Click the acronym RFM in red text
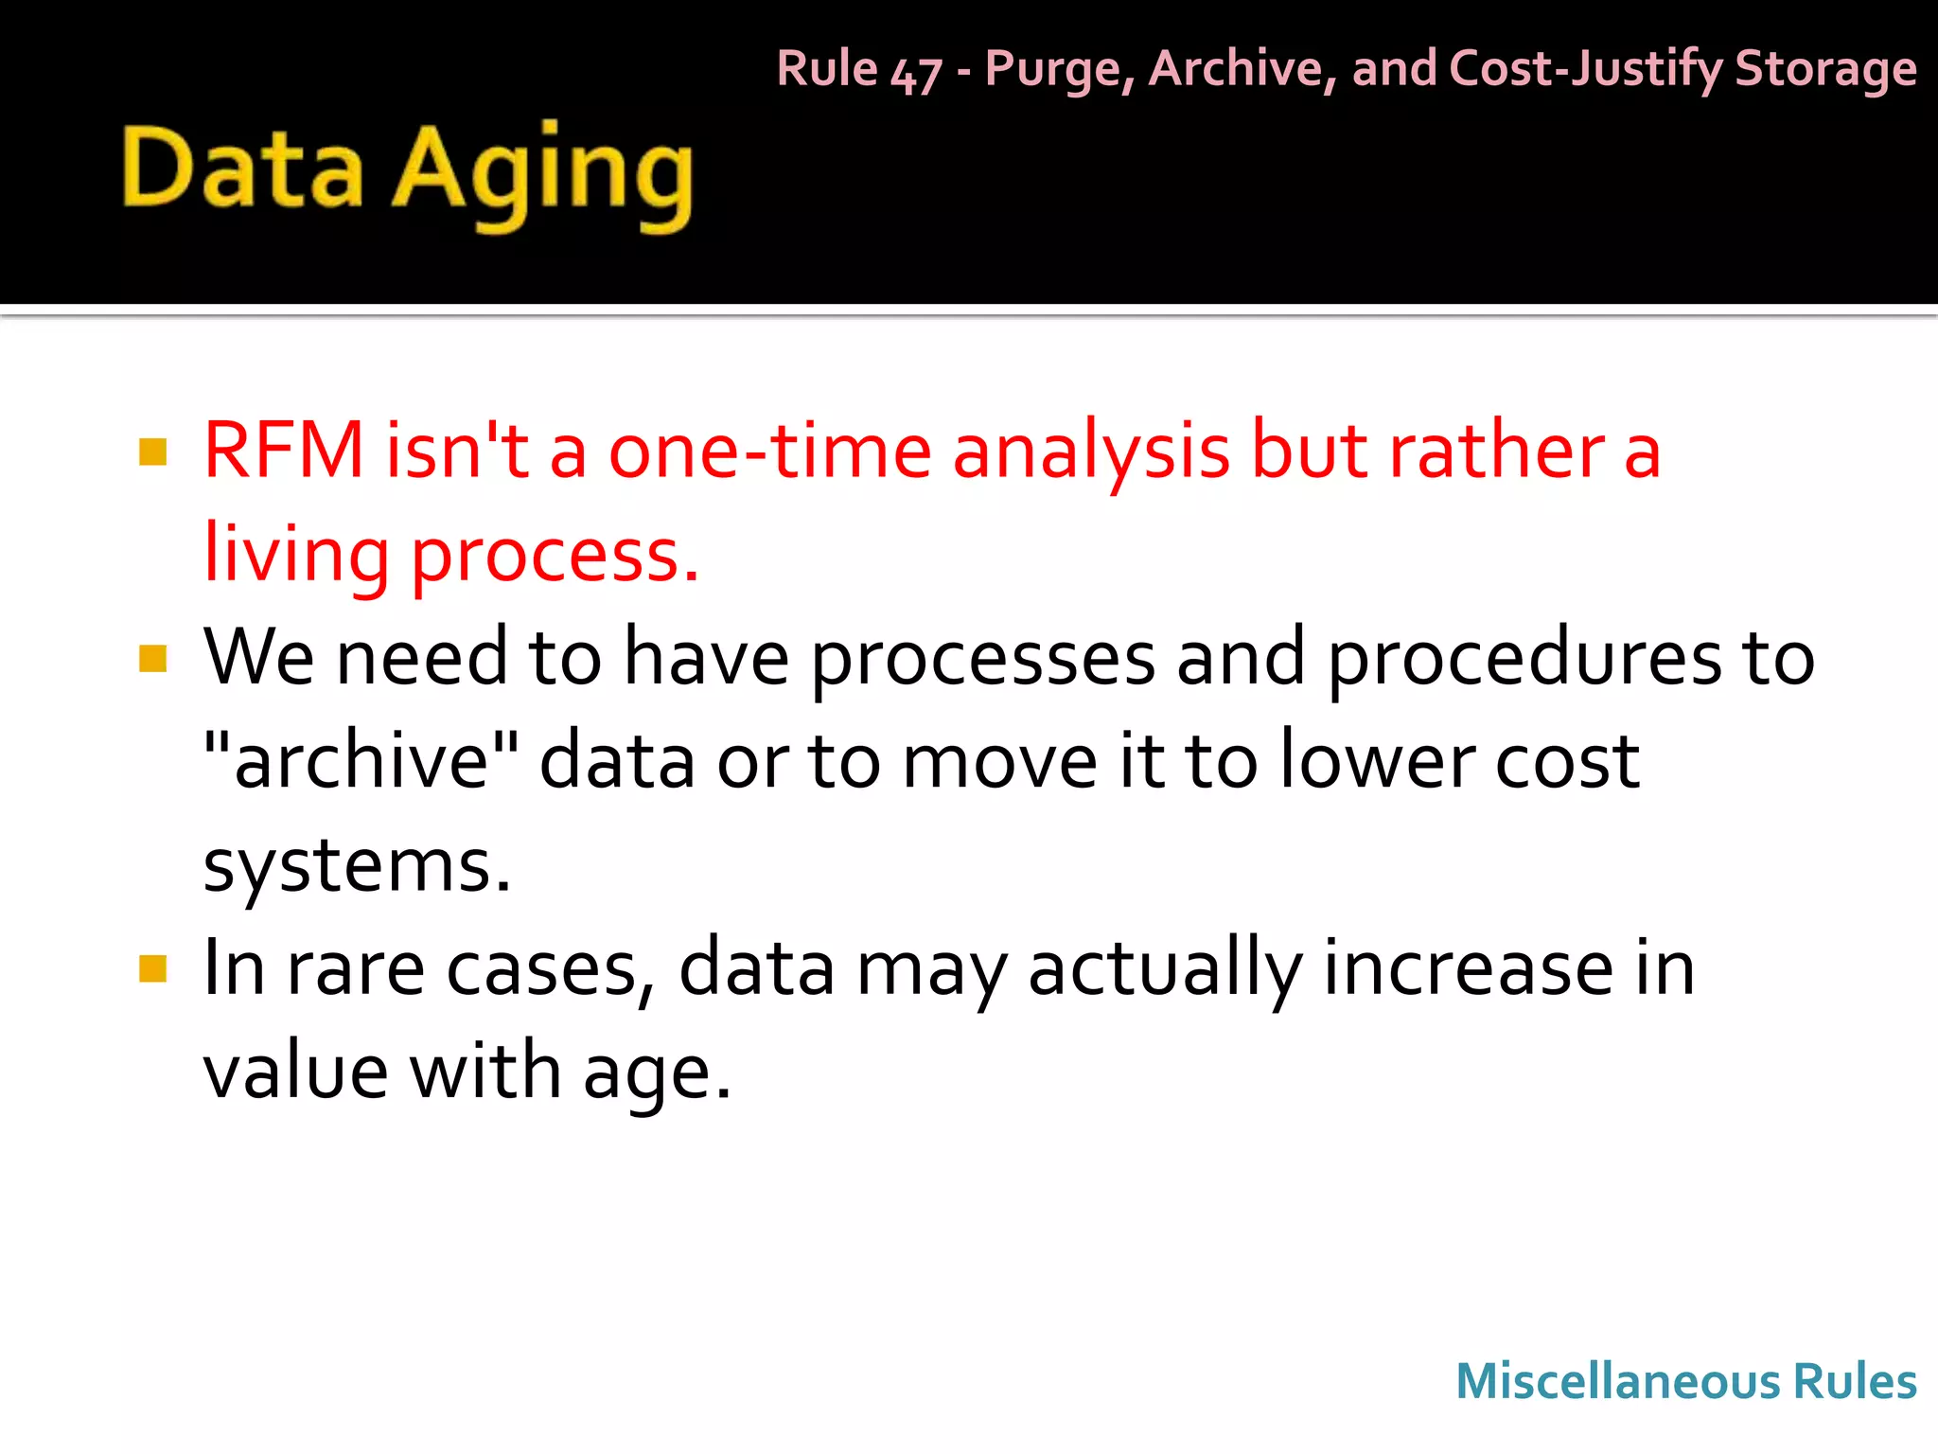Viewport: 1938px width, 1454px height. point(284,451)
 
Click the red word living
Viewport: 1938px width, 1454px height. point(296,555)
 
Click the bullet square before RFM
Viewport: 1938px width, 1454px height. point(152,452)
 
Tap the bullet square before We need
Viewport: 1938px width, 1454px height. point(152,658)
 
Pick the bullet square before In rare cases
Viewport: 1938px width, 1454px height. point(152,968)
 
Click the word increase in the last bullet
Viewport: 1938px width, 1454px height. point(1468,968)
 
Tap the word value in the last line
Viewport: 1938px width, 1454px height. point(296,1072)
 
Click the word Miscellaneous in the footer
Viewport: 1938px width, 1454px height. point(1617,1381)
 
